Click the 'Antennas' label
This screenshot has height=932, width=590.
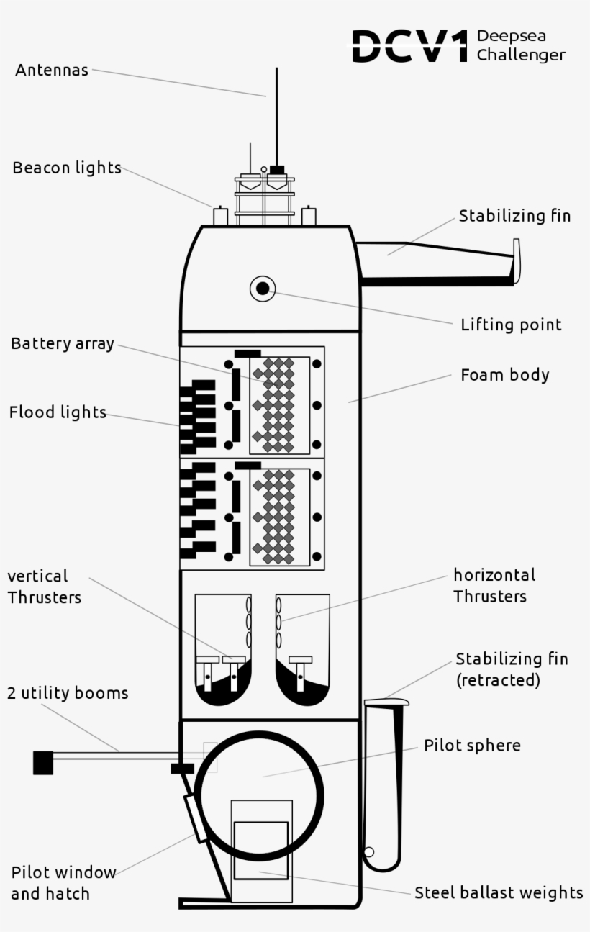coord(52,71)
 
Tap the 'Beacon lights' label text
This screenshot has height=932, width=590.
coord(67,168)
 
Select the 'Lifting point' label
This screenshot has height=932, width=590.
coord(511,325)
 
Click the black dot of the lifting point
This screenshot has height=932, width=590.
coord(263,289)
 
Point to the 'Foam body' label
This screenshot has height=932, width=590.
coord(504,375)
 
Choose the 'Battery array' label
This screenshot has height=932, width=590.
coord(63,344)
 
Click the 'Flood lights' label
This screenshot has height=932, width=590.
coord(58,413)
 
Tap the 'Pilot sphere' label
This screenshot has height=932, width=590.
coord(472,746)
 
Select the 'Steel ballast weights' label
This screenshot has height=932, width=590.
coord(499,893)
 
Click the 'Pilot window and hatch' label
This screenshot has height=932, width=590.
coord(63,883)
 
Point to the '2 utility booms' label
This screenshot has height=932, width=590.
coord(68,693)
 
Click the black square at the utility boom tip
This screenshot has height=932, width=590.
coord(43,762)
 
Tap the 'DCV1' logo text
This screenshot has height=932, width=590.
coord(409,47)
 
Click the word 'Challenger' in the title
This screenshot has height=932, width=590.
coord(521,55)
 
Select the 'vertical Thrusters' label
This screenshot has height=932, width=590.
coord(44,587)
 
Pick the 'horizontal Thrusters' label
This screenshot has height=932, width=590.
coord(494,586)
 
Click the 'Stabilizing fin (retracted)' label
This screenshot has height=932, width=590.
coord(512,669)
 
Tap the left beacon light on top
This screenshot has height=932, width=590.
coord(221,216)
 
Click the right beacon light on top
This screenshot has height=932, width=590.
coord(309,216)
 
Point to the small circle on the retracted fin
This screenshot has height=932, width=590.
coord(369,852)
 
